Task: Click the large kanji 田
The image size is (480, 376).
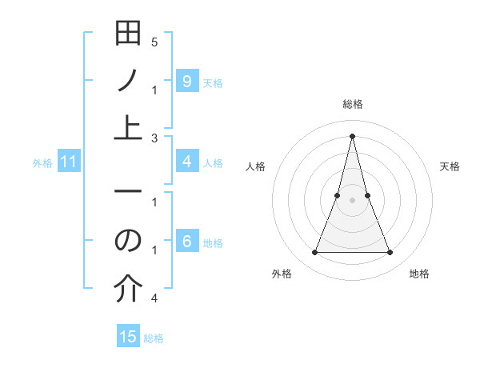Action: [x=128, y=34]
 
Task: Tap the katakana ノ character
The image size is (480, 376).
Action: [x=128, y=81]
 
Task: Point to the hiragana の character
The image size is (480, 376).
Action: [x=128, y=241]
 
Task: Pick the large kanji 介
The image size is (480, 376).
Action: [x=128, y=288]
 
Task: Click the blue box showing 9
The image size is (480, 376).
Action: [x=186, y=81]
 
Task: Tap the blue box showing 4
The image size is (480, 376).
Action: [x=186, y=162]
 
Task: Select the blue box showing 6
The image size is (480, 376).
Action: [x=186, y=242]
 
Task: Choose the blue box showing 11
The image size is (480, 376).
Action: [x=69, y=162]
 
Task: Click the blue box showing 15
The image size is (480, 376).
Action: [x=128, y=337]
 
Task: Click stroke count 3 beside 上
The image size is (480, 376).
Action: [x=154, y=138]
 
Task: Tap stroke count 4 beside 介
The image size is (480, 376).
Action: [x=154, y=298]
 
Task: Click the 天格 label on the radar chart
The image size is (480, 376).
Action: [x=450, y=166]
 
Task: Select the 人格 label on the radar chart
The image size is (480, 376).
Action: [x=255, y=166]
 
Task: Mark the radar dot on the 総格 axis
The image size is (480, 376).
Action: [x=352, y=135]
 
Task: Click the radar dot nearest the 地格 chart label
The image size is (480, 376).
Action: [x=390, y=253]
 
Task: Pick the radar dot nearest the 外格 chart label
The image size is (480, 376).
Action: [x=314, y=253]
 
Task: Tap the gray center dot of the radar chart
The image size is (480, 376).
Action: [x=352, y=200]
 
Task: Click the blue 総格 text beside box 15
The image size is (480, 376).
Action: [x=154, y=338]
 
